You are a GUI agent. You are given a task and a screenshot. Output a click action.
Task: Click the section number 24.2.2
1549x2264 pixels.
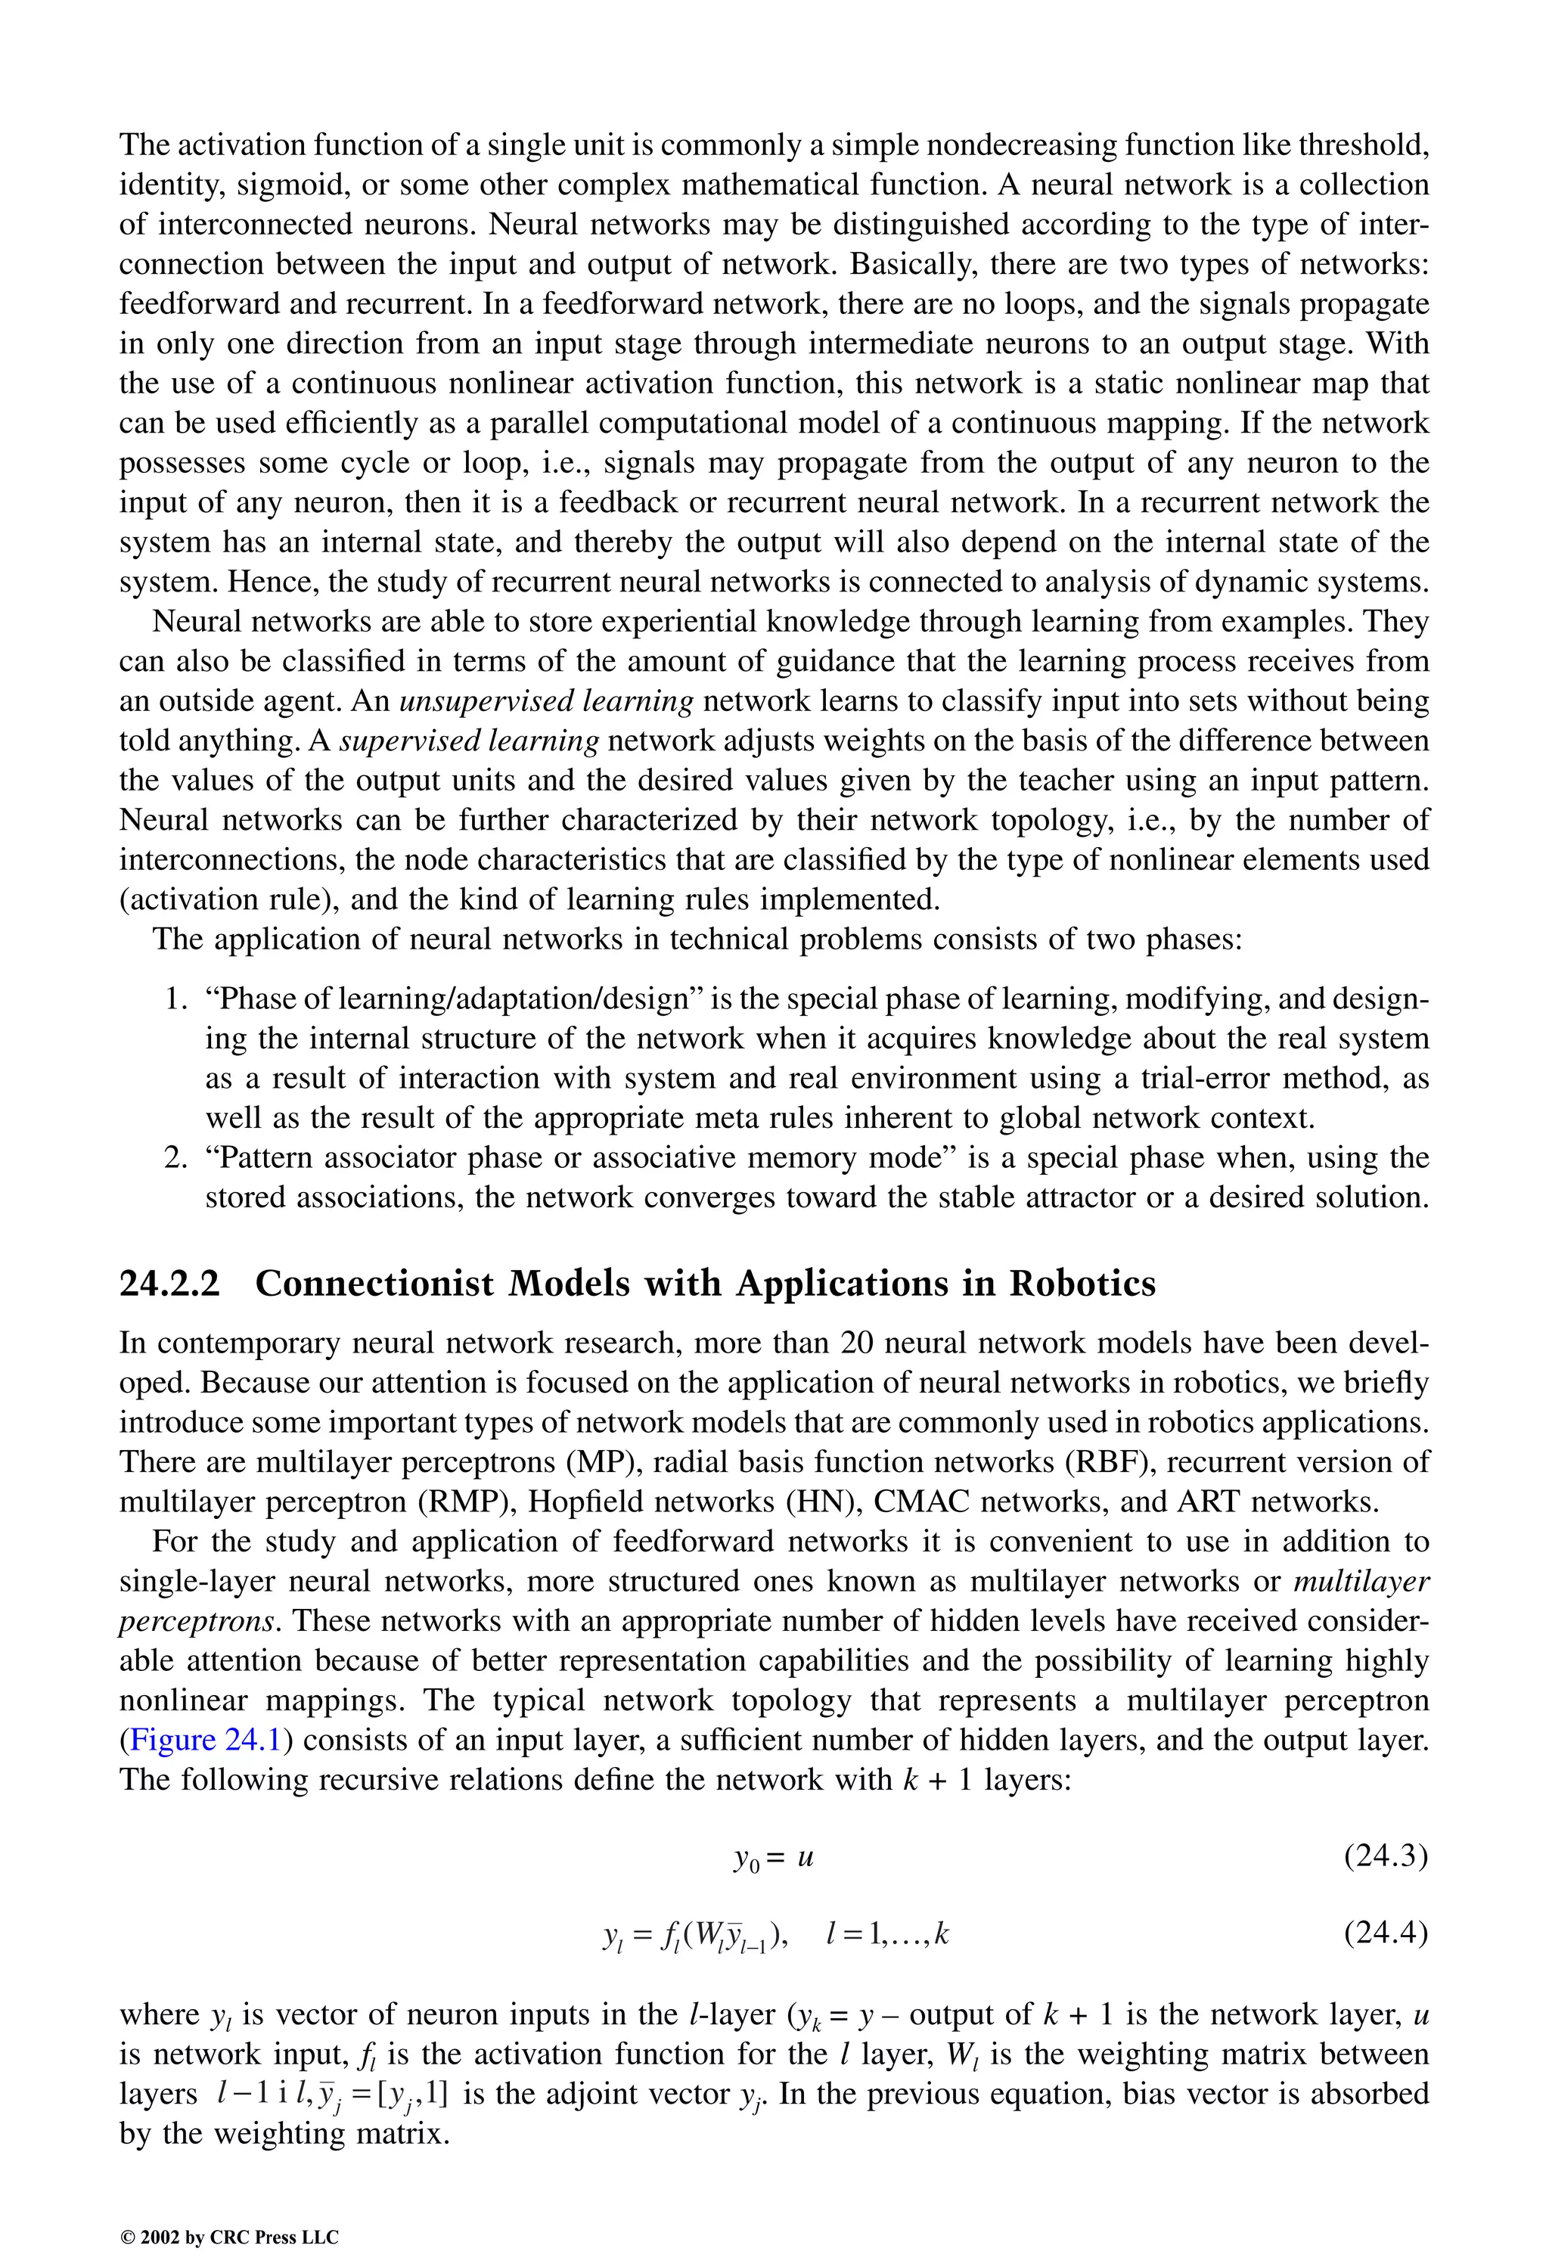coord(169,1284)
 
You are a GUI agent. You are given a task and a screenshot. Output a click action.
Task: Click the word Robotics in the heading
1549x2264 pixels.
coord(1082,1284)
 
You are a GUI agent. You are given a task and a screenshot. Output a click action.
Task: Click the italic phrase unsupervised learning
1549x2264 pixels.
coord(547,701)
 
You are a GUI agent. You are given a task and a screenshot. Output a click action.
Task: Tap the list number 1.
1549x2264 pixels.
coord(175,999)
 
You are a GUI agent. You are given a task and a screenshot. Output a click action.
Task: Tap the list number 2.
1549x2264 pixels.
coord(175,1158)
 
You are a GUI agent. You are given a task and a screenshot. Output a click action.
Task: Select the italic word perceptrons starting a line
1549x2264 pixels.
coord(200,1621)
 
